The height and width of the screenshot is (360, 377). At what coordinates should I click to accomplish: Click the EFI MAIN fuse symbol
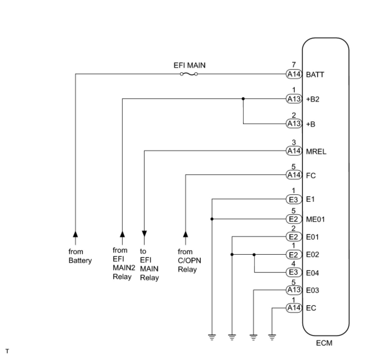click(x=188, y=74)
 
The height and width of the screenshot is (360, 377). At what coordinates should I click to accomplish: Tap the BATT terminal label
click(x=315, y=75)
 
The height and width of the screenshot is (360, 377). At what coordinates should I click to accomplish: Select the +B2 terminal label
click(x=313, y=99)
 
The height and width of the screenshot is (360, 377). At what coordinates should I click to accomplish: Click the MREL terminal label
click(x=316, y=152)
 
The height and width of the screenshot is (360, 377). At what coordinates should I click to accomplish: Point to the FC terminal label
click(x=311, y=176)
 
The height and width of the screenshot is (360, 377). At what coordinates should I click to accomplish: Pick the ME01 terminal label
click(x=315, y=220)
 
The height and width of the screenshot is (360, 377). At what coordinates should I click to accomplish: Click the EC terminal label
click(x=311, y=308)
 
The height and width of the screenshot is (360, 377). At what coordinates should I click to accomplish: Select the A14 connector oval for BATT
click(x=294, y=74)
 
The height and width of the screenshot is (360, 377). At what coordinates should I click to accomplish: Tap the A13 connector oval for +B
click(x=294, y=124)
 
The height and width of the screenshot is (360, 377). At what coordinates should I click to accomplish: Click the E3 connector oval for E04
click(x=294, y=272)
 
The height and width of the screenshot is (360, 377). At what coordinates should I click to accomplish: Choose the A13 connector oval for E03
click(x=294, y=290)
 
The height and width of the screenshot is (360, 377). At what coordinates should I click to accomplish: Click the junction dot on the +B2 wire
click(x=243, y=99)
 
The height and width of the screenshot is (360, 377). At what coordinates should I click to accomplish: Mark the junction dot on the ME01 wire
click(x=212, y=219)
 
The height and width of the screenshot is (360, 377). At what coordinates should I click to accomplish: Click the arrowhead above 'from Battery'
click(x=75, y=234)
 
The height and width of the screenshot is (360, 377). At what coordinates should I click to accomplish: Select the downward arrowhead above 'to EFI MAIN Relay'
click(x=144, y=234)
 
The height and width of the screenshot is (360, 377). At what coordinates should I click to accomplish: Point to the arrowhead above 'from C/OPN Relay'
click(x=186, y=234)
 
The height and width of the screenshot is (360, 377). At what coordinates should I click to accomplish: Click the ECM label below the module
click(x=324, y=343)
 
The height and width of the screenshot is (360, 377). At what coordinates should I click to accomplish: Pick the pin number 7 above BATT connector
click(x=293, y=65)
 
